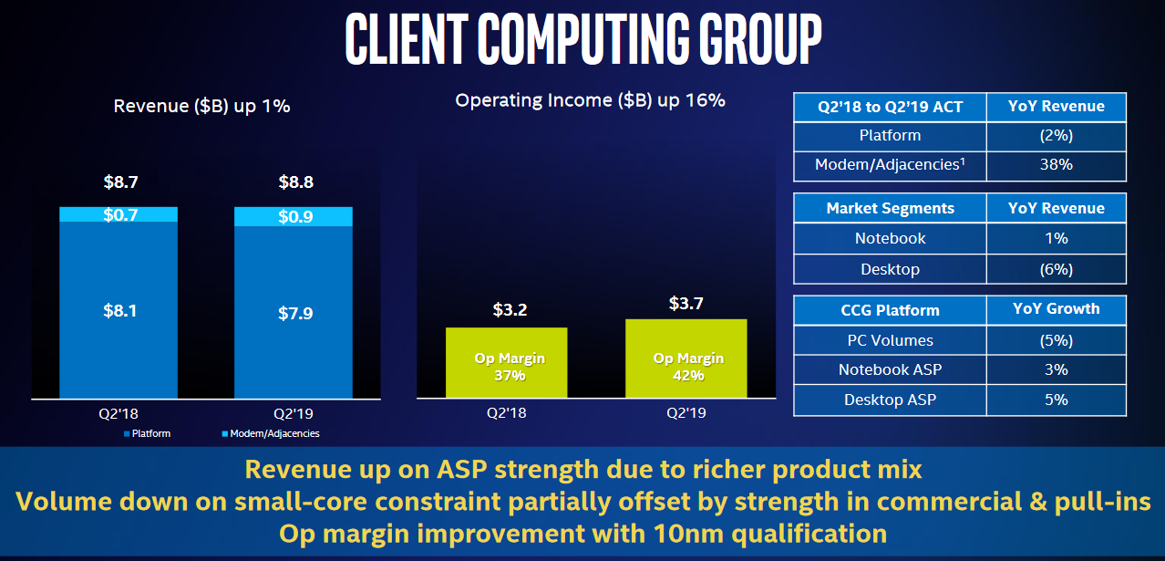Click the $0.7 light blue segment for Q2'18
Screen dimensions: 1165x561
119,214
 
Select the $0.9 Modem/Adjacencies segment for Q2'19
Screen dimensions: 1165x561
294,216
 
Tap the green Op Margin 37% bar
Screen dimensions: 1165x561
507,363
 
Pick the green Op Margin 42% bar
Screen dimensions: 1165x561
686,358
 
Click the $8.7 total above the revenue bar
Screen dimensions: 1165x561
120,182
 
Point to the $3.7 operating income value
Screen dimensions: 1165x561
686,303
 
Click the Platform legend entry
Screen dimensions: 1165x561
147,433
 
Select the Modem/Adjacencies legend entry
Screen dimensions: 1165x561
271,433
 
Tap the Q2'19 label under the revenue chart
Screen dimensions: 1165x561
294,414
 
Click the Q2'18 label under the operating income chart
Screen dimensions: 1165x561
507,412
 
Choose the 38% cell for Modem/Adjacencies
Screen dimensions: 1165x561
1057,165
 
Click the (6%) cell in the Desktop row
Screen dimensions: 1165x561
1057,269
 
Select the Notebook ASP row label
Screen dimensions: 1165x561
890,369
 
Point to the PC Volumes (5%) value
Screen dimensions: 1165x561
1057,340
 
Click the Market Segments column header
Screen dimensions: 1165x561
890,208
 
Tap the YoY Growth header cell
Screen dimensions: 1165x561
1057,309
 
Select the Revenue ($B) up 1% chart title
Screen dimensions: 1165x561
201,106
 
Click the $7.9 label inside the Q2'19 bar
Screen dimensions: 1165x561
295,313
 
